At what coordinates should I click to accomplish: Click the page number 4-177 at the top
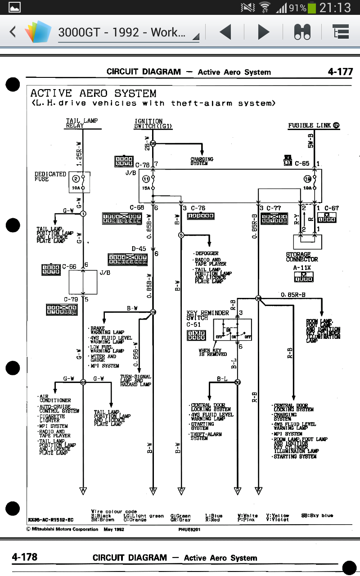pos(340,72)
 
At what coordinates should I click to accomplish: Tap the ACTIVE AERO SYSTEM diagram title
pos(93,94)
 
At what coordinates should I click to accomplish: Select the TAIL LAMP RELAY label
pos(81,123)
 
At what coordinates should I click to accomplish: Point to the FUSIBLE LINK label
pos(314,126)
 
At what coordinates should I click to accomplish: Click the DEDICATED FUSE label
pos(50,176)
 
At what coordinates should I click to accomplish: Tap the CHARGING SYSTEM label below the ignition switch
pos(202,161)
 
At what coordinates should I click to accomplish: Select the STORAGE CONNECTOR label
pos(301,257)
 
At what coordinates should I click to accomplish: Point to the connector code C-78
pos(143,165)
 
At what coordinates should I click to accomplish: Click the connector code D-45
pos(139,248)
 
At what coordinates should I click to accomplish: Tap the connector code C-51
pos(193,324)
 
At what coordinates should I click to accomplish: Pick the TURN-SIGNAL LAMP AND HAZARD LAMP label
pos(135,381)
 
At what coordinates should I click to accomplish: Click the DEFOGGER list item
pos(207,253)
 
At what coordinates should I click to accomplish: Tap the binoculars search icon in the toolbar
pos(302,32)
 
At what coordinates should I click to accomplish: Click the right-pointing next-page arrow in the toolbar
pos(263,32)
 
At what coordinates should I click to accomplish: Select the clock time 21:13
pos(335,7)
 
